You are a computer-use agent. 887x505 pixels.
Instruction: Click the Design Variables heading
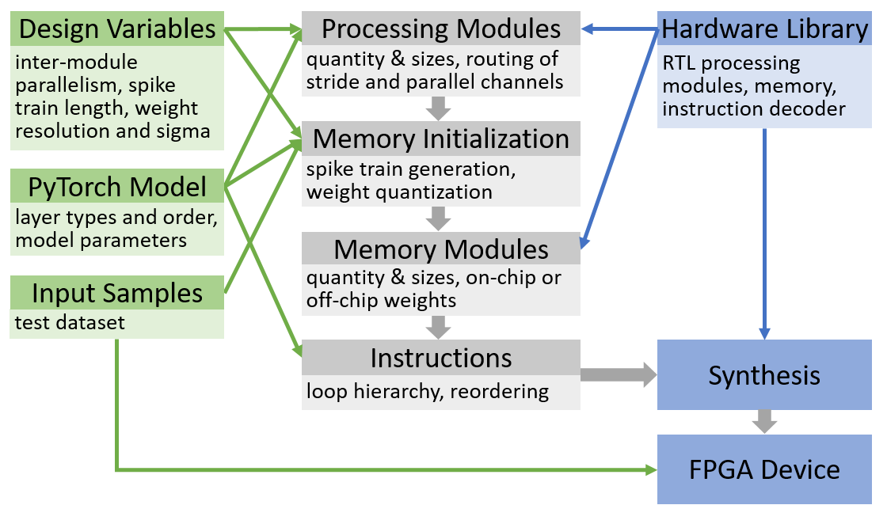click(x=117, y=28)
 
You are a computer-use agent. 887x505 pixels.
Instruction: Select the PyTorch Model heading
click(x=117, y=186)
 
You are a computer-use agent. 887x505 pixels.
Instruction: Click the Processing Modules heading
click(x=440, y=28)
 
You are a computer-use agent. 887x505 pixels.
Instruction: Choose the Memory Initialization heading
click(x=440, y=139)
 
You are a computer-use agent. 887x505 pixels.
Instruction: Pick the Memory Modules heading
click(x=440, y=249)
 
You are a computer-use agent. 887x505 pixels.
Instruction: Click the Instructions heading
click(x=440, y=358)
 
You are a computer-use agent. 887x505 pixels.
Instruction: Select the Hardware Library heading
click(x=764, y=28)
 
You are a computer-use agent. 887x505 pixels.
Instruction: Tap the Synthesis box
click(x=764, y=375)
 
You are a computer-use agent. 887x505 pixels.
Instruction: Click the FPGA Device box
click(x=764, y=469)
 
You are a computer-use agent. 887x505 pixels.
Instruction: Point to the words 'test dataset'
click(x=70, y=322)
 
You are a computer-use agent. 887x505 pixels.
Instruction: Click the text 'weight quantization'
click(x=399, y=192)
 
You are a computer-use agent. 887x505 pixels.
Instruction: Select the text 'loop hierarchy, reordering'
click(x=428, y=391)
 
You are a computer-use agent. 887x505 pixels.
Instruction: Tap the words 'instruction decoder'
click(x=754, y=108)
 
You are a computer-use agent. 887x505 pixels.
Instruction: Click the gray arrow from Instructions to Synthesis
click(x=619, y=374)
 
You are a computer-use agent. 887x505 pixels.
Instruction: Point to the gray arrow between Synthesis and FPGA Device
click(x=764, y=422)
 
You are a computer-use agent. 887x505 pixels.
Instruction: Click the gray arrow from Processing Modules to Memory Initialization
click(x=439, y=108)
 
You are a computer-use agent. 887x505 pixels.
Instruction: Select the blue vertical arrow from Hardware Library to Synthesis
click(x=764, y=234)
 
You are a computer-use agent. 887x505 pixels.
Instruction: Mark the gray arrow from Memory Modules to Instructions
click(x=439, y=328)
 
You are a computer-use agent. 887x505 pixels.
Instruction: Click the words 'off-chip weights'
click(x=381, y=300)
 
